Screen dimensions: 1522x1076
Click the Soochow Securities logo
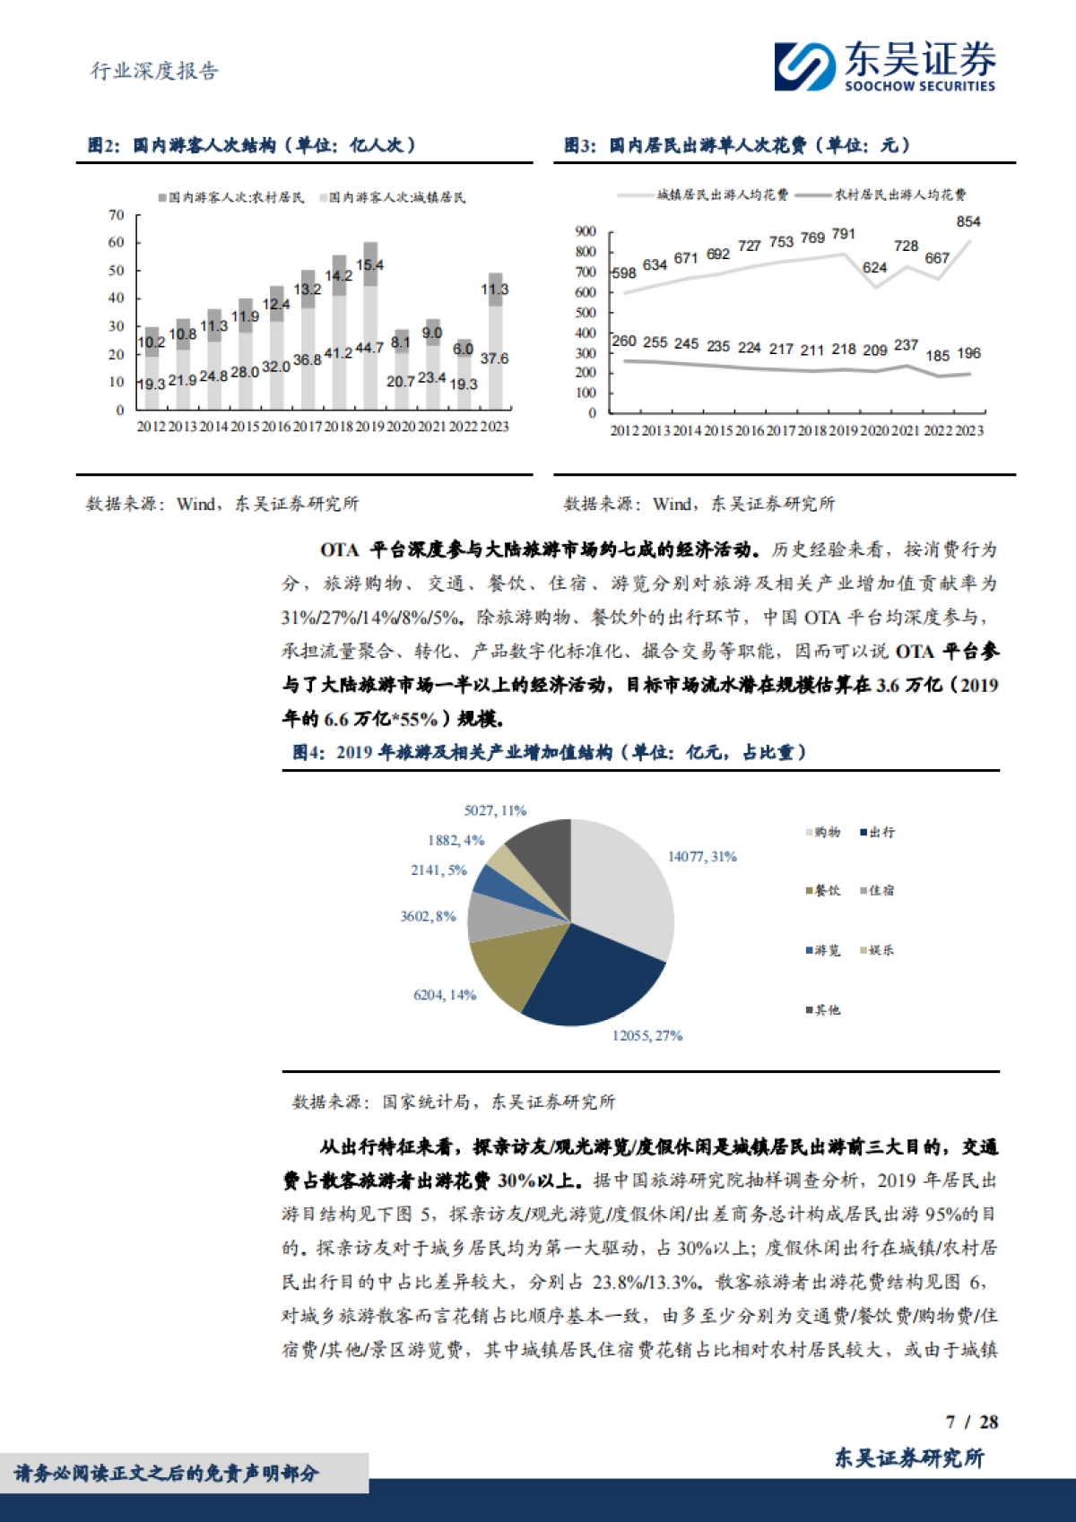tap(884, 66)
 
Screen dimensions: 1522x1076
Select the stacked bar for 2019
tap(369, 327)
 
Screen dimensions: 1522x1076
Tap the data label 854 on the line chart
tap(968, 221)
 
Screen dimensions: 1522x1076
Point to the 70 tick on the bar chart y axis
tap(117, 215)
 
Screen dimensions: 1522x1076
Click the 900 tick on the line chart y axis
tap(586, 232)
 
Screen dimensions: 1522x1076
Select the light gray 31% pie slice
tap(623, 887)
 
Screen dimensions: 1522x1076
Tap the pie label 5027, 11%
tap(495, 810)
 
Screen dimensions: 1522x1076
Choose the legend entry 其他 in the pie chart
tap(827, 1010)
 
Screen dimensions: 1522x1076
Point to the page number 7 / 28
tap(972, 1422)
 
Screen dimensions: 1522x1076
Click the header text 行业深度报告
tap(155, 72)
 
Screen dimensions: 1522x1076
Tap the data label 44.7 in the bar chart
tap(369, 348)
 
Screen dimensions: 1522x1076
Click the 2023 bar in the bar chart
tap(495, 341)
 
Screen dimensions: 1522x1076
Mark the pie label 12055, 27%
tap(647, 1035)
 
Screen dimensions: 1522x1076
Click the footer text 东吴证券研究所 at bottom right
tap(909, 1458)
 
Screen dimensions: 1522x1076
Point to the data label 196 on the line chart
tap(968, 353)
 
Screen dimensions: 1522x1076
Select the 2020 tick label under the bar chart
tap(401, 427)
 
